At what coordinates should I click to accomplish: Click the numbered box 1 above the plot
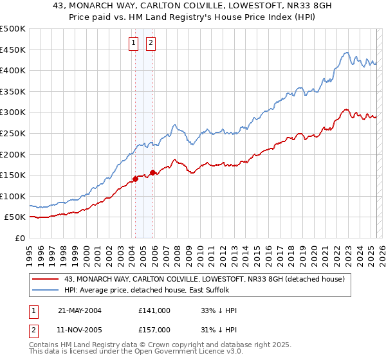(133, 43)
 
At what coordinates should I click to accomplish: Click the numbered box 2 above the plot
(151, 43)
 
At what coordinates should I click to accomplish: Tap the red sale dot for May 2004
(136, 179)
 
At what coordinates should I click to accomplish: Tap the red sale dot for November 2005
(153, 172)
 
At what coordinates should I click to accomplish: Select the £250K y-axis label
(13, 133)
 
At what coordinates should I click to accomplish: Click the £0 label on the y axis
(21, 238)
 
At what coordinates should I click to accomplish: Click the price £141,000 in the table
(154, 310)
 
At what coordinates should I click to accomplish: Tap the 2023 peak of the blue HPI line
(346, 53)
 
